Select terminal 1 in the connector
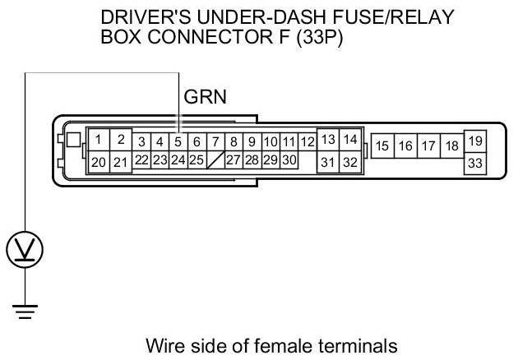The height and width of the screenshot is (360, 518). pos(99,140)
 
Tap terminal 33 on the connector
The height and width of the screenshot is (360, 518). pos(474,163)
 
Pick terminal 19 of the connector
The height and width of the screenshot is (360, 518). pos(474,141)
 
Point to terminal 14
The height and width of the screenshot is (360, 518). pos(350,140)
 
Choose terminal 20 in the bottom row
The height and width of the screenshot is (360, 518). pos(99,162)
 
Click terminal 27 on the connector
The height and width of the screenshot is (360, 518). pos(233,159)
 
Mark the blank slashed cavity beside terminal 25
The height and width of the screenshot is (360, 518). pos(215,159)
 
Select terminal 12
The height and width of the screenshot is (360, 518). pos(308,142)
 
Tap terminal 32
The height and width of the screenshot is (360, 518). pos(350,162)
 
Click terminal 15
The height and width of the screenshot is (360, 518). pos(382,146)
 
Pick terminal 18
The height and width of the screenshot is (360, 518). pos(451,146)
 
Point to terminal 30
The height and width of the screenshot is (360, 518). pos(289,159)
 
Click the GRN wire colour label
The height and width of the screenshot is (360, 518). pos(205,98)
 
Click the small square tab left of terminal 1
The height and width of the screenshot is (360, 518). pos(75,140)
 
